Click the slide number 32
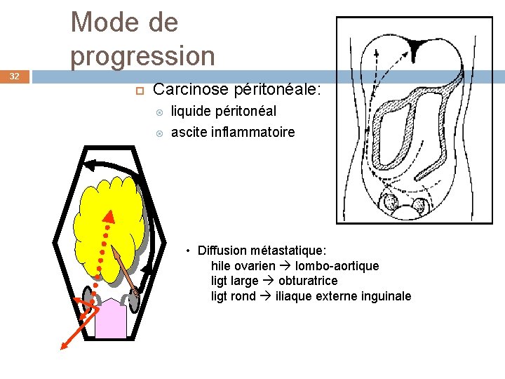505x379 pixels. tap(15, 76)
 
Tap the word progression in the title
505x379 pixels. tap(143, 56)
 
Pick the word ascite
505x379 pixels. tap(188, 132)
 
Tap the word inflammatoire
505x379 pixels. tap(252, 132)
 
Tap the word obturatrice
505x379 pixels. tap(308, 281)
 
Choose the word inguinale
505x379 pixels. tap(386, 296)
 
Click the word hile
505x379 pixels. tap(220, 266)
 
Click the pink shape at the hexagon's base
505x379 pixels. tap(109, 319)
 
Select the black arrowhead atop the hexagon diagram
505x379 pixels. tap(89, 166)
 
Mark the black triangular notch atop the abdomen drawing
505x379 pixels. tap(417, 46)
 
